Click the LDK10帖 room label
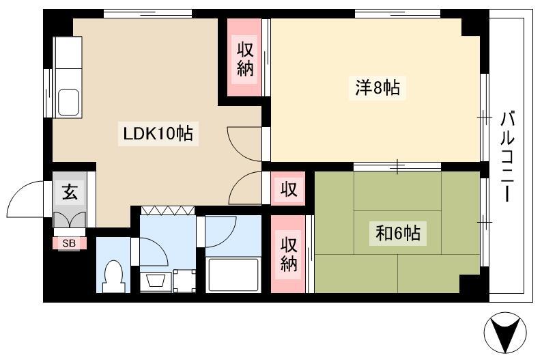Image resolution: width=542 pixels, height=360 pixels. (x=158, y=133)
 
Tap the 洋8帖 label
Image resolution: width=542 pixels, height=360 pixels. (x=377, y=87)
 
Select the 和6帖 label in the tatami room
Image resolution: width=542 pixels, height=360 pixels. (x=397, y=233)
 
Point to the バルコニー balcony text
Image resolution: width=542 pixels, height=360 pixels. (x=507, y=157)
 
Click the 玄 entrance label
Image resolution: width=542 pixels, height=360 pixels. (x=70, y=192)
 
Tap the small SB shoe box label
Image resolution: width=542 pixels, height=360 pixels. (x=69, y=243)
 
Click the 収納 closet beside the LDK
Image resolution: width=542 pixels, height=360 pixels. (x=245, y=59)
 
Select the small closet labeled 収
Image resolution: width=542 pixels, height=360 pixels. (x=288, y=189)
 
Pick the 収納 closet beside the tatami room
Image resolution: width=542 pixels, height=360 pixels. (x=288, y=255)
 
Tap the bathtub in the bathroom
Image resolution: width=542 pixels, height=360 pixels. (x=233, y=275)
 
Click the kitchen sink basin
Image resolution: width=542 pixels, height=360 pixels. (x=68, y=102)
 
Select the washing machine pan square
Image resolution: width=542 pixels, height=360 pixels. (x=184, y=281)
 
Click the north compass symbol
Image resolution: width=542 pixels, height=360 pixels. (x=505, y=333)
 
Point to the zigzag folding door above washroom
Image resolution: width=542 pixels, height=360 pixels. (x=168, y=210)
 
